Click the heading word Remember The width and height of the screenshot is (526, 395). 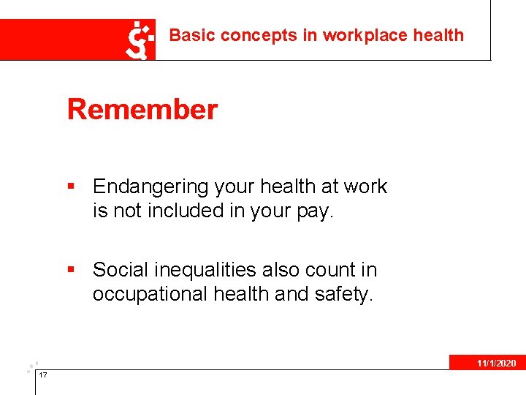142,110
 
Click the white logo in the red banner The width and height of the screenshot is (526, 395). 142,40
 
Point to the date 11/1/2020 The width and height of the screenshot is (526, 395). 496,364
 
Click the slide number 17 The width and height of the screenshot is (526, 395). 43,375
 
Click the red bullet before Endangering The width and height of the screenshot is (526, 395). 71,187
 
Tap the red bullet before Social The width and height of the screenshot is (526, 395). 71,271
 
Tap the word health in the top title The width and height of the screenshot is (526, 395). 438,35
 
